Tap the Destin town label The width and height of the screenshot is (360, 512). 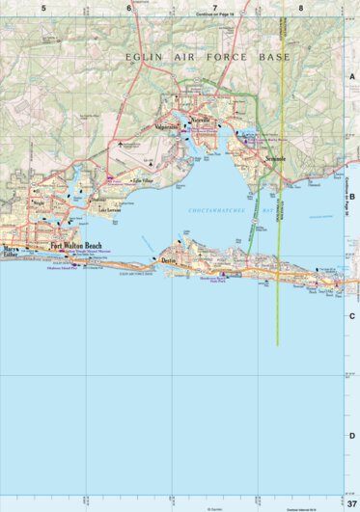(x=168, y=261)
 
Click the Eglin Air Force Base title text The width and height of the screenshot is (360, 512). (x=208, y=58)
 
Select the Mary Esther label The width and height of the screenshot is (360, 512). (x=11, y=254)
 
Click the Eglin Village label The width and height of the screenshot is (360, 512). (x=143, y=180)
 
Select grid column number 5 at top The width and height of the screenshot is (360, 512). (x=43, y=8)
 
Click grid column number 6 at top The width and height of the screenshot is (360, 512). (x=129, y=8)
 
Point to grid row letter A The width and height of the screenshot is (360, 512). (x=352, y=78)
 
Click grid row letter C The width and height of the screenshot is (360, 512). (x=352, y=316)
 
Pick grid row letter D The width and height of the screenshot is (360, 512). (x=352, y=436)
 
